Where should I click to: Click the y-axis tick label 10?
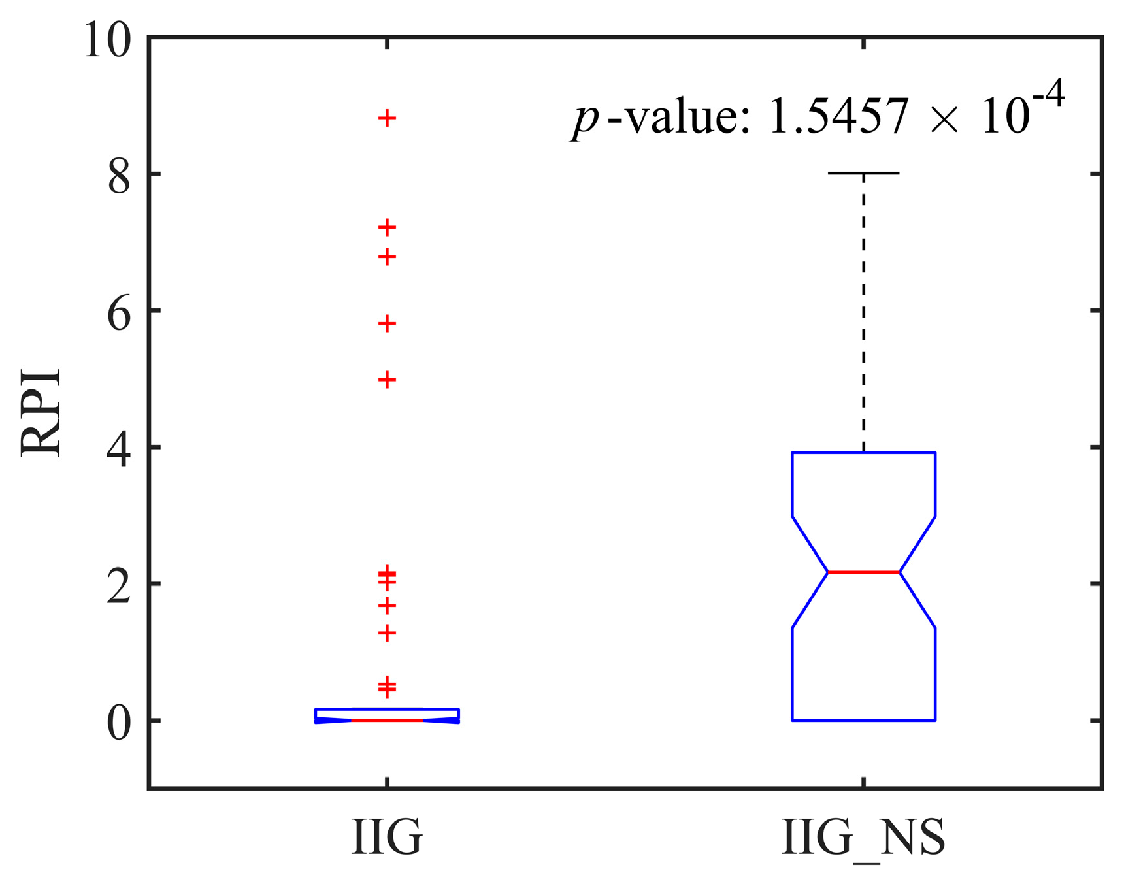click(107, 41)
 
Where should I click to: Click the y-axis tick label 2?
click(119, 587)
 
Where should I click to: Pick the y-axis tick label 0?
click(119, 723)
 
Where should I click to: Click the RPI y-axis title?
click(41, 413)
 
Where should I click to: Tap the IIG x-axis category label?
click(387, 838)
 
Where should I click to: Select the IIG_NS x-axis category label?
click(863, 838)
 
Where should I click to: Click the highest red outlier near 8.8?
click(388, 118)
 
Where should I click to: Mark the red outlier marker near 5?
click(388, 380)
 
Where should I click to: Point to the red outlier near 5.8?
click(388, 323)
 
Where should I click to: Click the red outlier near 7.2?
click(388, 227)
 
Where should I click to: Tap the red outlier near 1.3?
click(388, 633)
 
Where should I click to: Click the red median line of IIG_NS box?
click(863, 572)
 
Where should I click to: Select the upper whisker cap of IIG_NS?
click(863, 173)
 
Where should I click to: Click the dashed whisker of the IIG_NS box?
click(864, 314)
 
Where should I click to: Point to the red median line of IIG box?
click(388, 720)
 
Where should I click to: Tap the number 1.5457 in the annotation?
click(839, 118)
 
